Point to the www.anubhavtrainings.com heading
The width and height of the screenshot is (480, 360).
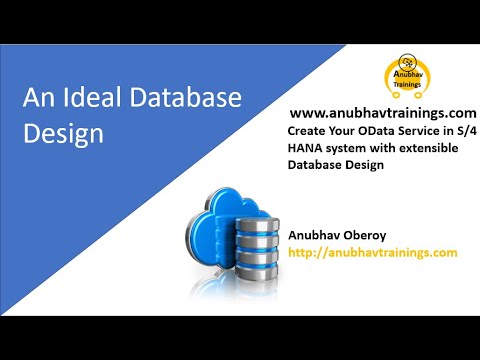pos(382,114)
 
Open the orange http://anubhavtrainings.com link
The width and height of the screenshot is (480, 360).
pos(372,253)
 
